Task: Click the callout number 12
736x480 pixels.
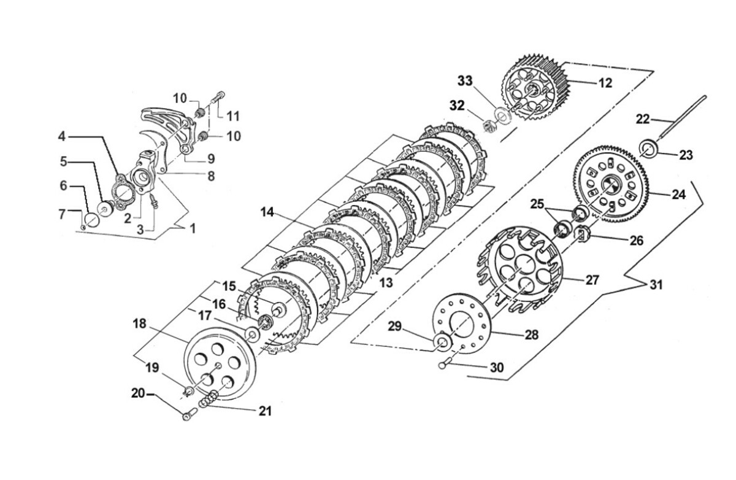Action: point(605,83)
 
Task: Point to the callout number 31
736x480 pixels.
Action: point(656,285)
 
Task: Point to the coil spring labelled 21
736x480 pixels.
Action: point(209,398)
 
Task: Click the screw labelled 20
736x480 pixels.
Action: point(190,414)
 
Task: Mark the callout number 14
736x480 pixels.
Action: point(267,213)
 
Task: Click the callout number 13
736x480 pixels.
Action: point(386,283)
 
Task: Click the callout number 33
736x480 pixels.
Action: point(466,81)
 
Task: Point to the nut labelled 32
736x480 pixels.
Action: point(490,125)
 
